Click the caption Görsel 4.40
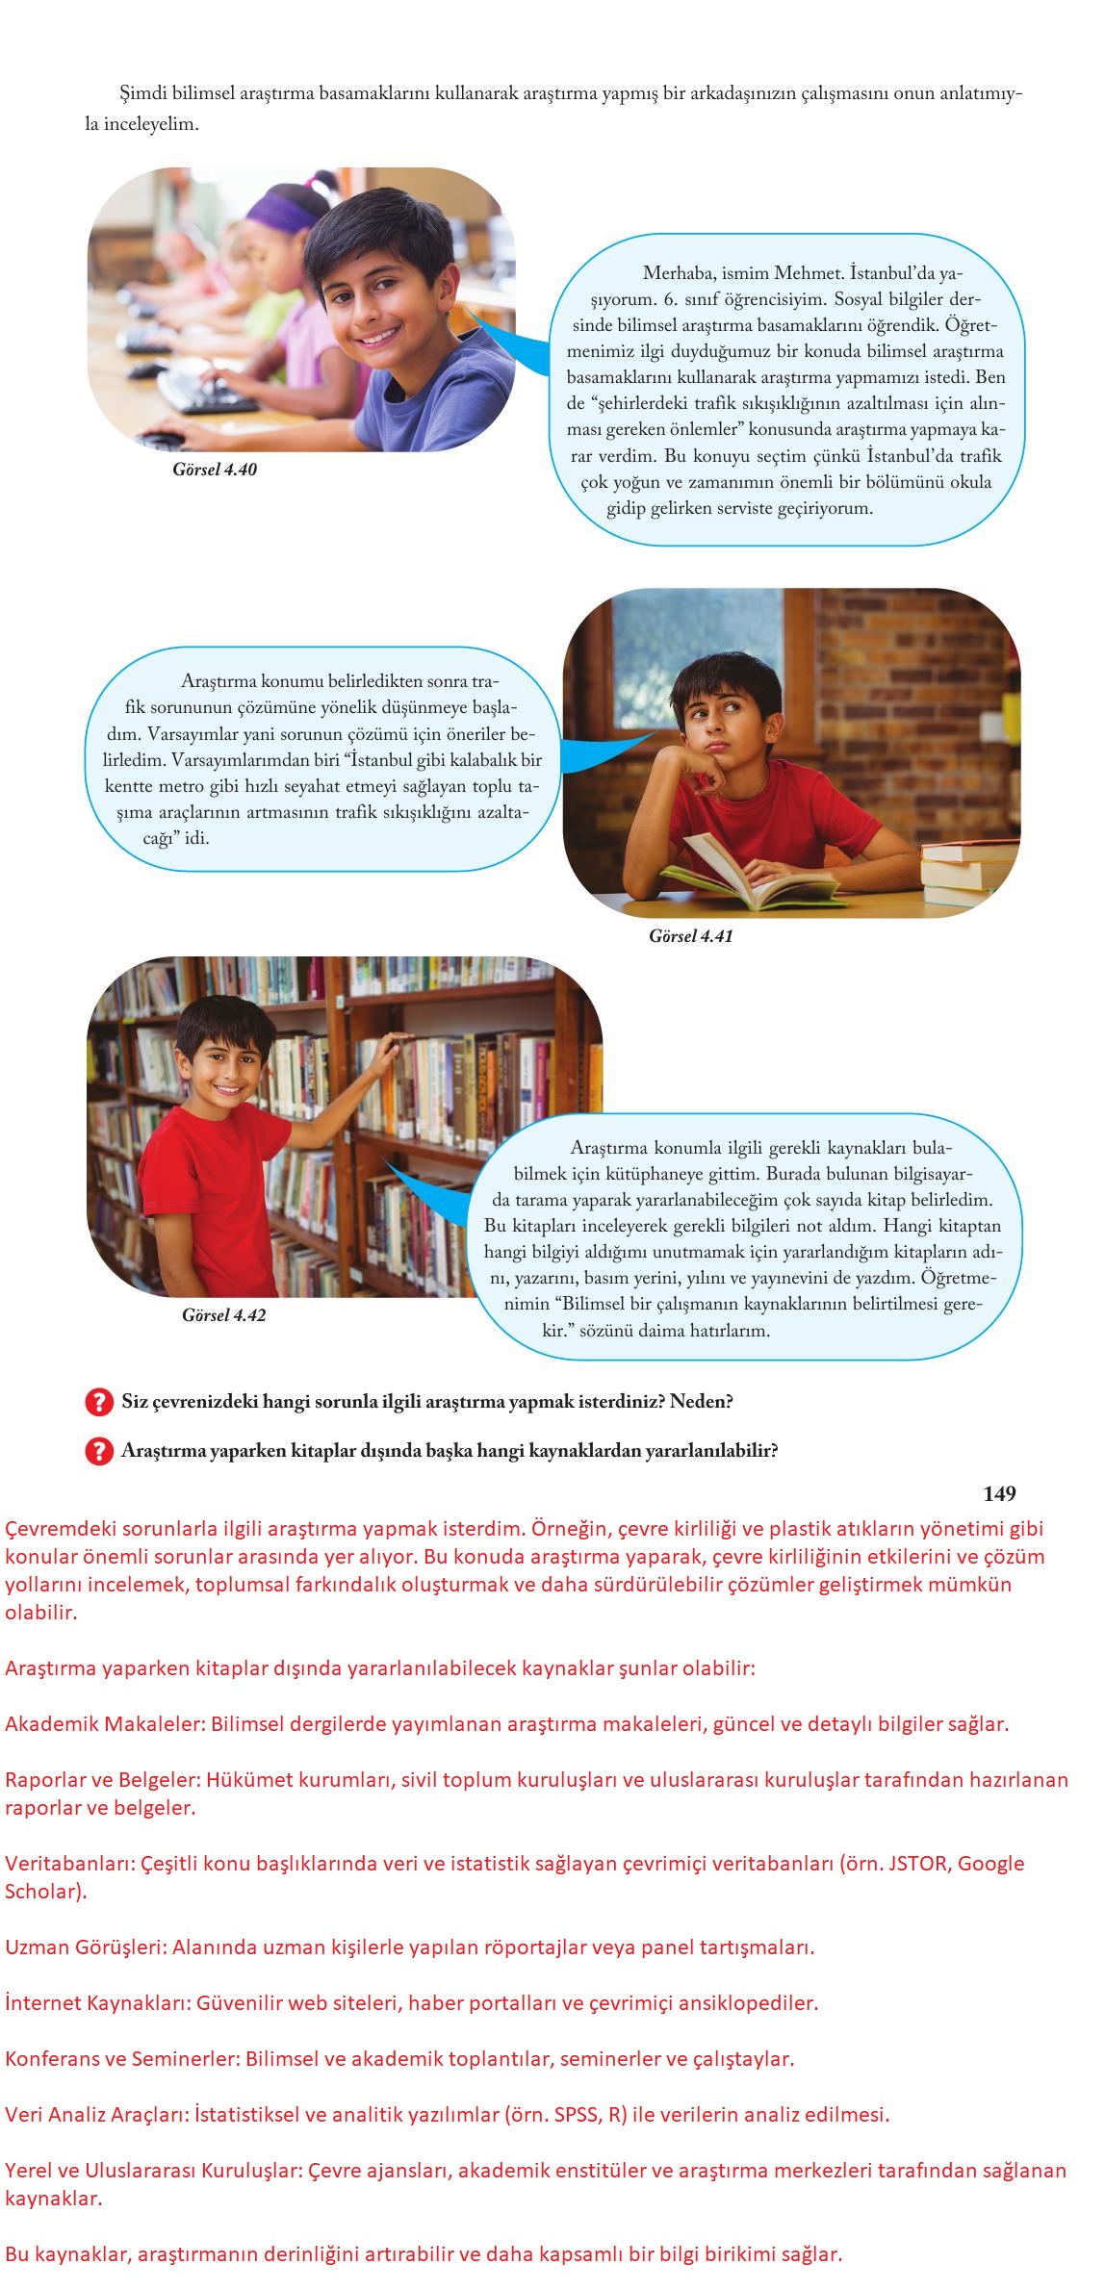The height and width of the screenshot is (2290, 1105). point(215,471)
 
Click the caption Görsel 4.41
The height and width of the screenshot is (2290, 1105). point(690,936)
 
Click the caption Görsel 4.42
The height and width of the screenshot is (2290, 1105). point(223,1315)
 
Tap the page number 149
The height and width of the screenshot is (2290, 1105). point(999,1493)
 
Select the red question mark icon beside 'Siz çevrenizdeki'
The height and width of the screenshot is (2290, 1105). point(99,1402)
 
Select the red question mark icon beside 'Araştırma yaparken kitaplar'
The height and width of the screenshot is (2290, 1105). point(99,1451)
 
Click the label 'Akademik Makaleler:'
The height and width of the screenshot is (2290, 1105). point(105,1723)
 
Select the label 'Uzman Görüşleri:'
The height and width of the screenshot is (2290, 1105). point(88,1946)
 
